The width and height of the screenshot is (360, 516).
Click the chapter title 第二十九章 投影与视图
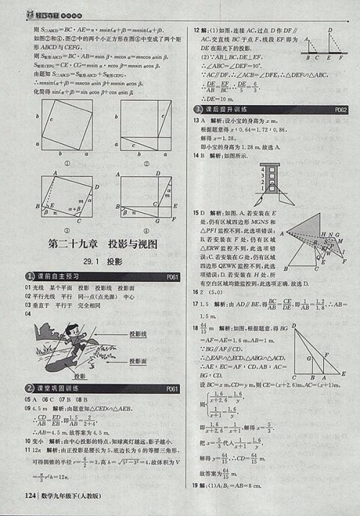point(101,243)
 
